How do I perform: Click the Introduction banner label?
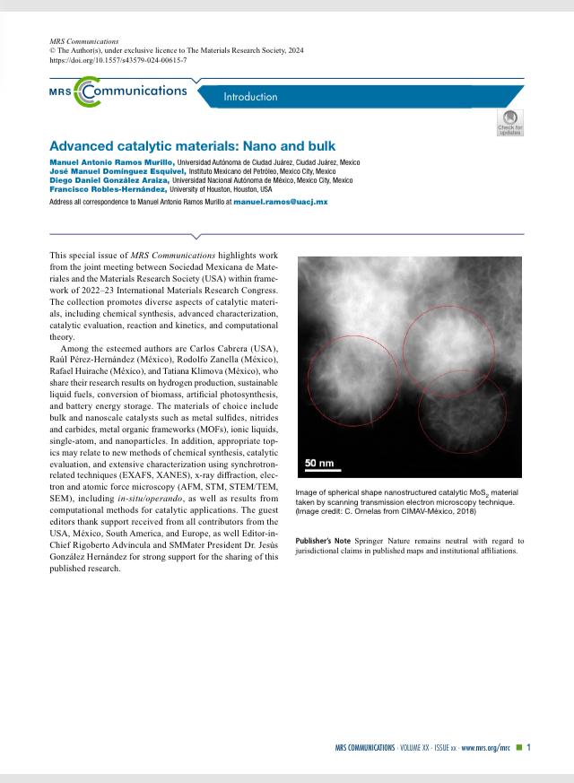(x=250, y=97)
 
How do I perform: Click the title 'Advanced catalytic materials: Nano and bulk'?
(x=193, y=145)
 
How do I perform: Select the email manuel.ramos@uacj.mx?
(x=281, y=203)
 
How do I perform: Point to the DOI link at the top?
(x=117, y=60)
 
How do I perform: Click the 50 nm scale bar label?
(x=319, y=463)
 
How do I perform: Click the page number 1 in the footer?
(x=529, y=747)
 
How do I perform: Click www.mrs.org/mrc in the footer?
(x=486, y=747)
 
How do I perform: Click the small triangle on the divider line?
(x=287, y=235)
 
